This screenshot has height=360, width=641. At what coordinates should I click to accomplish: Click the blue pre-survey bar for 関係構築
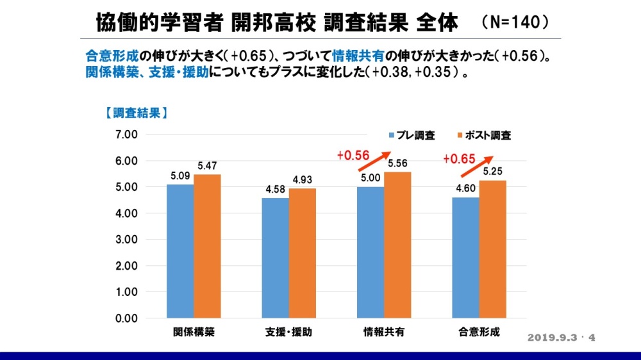tap(180, 251)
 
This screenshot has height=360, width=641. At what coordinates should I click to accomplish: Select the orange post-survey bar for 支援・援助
tap(302, 253)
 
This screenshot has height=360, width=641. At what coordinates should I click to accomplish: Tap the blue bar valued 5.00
tap(370, 252)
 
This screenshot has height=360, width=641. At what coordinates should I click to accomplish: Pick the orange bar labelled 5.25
tap(493, 249)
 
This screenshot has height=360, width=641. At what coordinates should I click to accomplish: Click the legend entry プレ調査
tap(412, 135)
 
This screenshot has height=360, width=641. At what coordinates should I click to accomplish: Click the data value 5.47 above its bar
tap(207, 166)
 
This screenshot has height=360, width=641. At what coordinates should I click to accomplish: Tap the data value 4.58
tap(275, 190)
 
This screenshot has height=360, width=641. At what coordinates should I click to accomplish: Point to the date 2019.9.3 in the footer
tap(554, 338)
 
